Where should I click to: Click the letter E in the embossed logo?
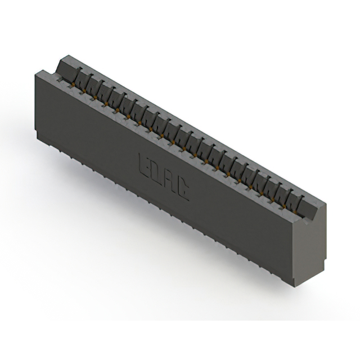coord(144,163)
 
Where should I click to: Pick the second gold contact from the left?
coord(84,91)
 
